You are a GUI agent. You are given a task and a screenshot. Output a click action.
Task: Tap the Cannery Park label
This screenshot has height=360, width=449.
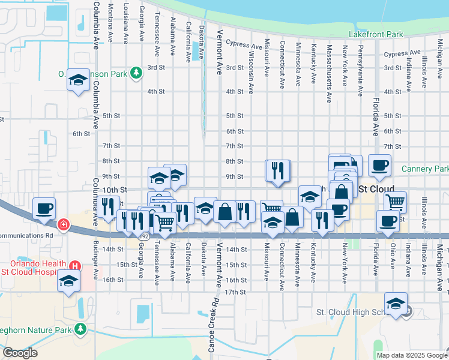click(425, 169)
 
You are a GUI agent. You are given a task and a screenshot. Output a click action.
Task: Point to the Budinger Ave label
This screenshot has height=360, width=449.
click(96, 261)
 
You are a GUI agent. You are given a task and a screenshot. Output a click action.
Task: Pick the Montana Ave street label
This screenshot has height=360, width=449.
click(110, 23)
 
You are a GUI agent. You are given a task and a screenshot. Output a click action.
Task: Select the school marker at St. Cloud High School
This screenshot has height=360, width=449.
click(396, 304)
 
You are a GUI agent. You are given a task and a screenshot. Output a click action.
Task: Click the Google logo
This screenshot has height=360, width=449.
click(20, 353)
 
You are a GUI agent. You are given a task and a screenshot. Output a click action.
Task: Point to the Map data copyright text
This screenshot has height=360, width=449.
click(411, 355)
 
